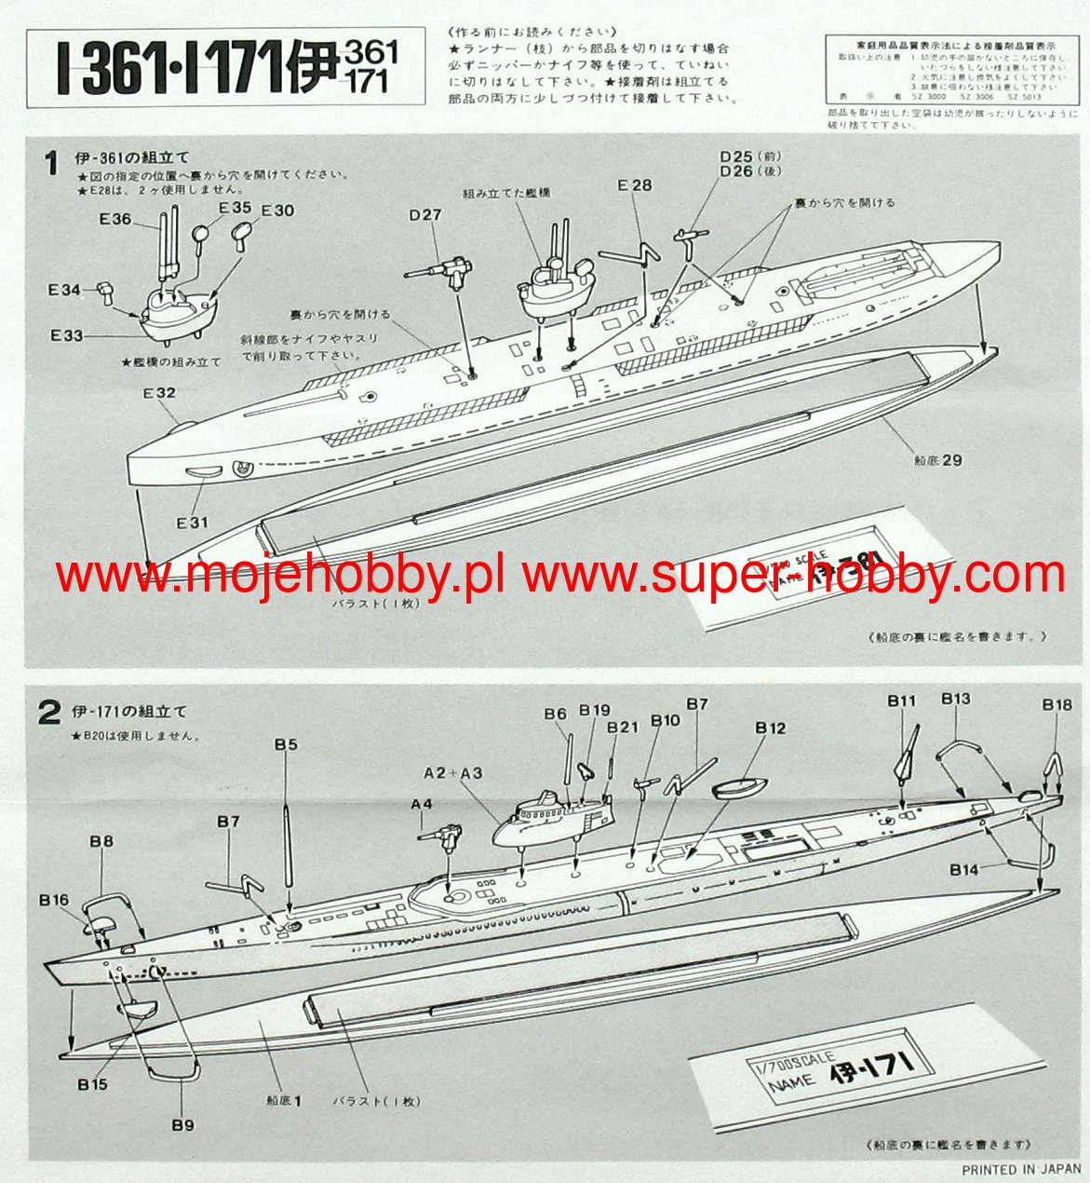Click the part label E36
click(115, 220)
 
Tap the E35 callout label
click(235, 208)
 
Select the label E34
click(64, 291)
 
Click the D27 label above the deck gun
click(425, 215)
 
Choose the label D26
click(736, 171)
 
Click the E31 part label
click(193, 523)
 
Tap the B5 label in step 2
click(286, 744)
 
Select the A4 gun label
click(422, 804)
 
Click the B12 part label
click(770, 727)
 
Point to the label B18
click(1056, 705)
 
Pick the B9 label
click(182, 1124)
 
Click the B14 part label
click(964, 869)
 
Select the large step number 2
click(48, 713)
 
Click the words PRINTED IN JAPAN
click(1021, 1169)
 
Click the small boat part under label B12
click(739, 787)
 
